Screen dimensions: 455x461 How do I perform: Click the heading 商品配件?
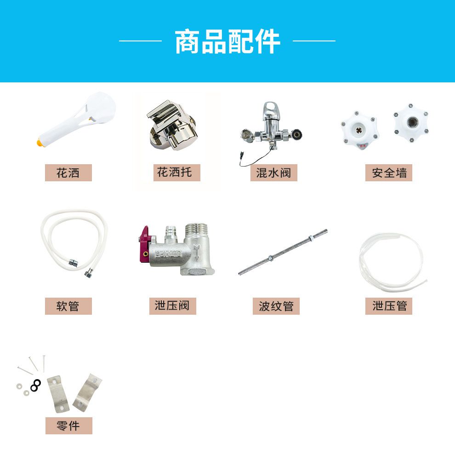coord(227,41)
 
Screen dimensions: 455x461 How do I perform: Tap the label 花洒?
coord(68,173)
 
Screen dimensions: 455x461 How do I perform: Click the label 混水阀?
coord(274,173)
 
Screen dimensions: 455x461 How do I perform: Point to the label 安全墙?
coord(389,173)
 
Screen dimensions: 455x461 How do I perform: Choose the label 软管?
coord(68,306)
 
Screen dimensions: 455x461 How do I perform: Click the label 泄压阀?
coord(172,306)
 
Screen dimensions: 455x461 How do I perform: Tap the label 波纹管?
coord(276,306)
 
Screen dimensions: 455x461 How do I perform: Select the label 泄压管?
coord(389,306)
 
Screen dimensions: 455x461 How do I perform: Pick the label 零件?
coord(69,426)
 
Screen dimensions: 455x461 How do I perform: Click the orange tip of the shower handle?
coord(40,143)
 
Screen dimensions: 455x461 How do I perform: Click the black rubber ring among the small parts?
coord(36,386)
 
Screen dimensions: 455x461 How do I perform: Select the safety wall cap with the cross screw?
coord(359,129)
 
